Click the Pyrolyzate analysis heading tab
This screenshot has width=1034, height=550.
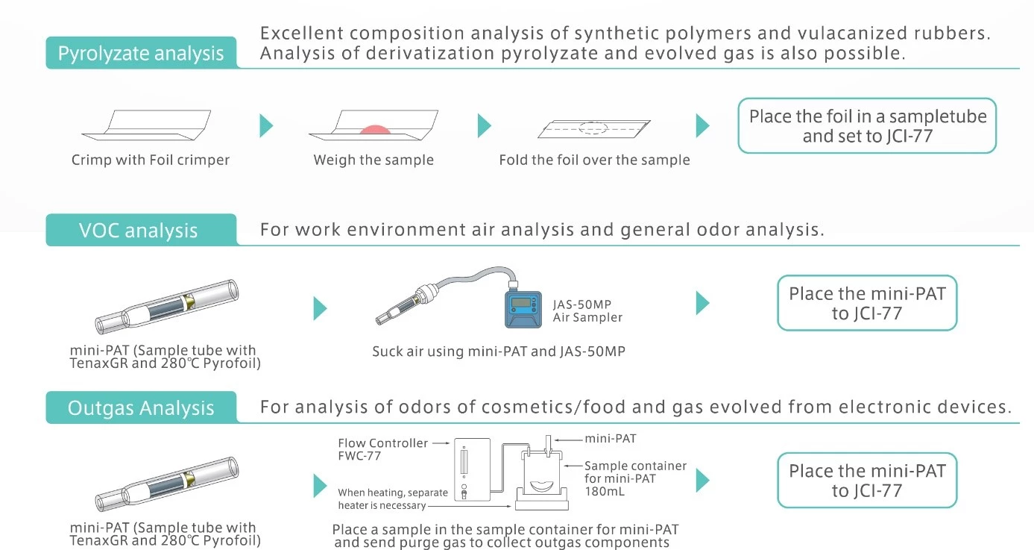point(141,53)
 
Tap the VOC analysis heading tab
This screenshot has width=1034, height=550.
point(141,230)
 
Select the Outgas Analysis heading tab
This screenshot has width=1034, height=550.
point(141,407)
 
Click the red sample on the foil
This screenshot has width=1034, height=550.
point(375,129)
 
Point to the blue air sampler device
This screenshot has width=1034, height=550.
point(523,309)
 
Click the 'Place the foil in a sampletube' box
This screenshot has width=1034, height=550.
point(867,125)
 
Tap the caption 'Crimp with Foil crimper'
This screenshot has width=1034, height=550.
point(151,160)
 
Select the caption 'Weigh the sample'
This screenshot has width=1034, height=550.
point(373,160)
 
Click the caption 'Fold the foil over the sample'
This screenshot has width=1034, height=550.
point(595,160)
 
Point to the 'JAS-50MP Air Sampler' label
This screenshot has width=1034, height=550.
point(587,310)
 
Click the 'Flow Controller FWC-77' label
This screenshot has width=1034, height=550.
point(382,449)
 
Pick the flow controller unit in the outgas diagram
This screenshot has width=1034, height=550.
point(472,469)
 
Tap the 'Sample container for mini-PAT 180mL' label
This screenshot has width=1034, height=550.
point(635,478)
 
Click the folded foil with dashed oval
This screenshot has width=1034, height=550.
point(594,128)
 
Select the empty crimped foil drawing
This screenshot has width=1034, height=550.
point(146,125)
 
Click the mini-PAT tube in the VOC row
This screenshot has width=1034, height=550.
point(167,307)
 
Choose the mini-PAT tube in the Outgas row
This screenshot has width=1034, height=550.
point(167,484)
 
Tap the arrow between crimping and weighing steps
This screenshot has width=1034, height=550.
point(266,125)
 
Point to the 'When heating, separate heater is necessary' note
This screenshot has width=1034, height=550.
point(393,499)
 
